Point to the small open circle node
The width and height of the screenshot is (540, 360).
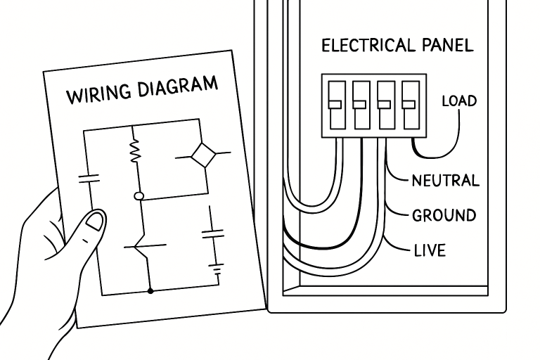click(x=139, y=196)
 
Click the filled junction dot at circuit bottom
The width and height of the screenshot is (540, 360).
click(x=150, y=290)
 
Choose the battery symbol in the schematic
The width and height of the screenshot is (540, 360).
click(x=218, y=267)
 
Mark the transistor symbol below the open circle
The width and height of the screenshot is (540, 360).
click(x=145, y=247)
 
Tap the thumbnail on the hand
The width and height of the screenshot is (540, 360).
click(x=94, y=224)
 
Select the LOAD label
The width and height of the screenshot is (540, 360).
click(x=458, y=101)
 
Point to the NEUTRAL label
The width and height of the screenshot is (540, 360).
click(x=445, y=181)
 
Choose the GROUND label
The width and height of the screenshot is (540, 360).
click(x=444, y=215)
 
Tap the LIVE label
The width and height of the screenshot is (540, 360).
click(x=429, y=250)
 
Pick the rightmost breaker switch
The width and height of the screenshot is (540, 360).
click(x=410, y=105)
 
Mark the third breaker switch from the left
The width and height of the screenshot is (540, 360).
click(x=385, y=105)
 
